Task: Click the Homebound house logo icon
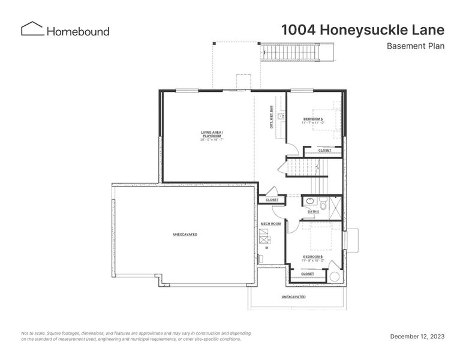32,29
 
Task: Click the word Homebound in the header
78,31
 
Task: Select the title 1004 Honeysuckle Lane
363,30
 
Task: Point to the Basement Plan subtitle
415,46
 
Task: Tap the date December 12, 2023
417,337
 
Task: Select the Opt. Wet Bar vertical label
272,117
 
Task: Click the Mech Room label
270,224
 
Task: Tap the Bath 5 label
313,211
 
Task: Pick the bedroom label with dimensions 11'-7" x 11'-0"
313,121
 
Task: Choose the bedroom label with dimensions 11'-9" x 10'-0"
313,259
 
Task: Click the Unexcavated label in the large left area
185,234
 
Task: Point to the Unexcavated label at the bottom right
293,297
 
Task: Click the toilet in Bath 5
323,202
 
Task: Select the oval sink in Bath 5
309,202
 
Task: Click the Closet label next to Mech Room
272,200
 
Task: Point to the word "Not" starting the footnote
26,333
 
